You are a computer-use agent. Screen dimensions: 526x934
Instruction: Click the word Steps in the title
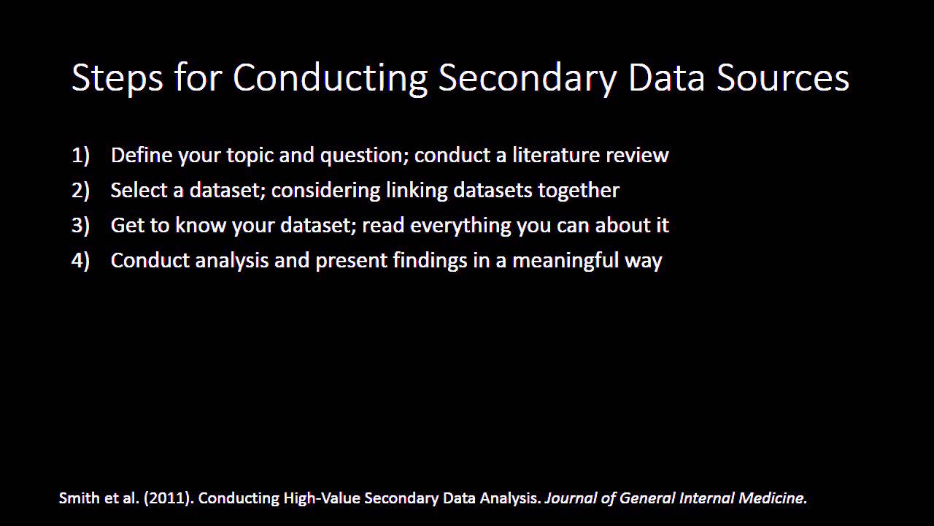(x=117, y=77)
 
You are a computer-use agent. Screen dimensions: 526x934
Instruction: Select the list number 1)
(x=80, y=155)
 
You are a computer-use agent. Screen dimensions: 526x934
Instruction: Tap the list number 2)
(x=80, y=190)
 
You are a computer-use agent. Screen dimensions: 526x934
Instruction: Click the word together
(x=579, y=190)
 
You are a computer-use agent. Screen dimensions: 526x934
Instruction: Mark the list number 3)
(x=80, y=225)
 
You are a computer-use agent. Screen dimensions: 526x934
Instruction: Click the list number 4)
(x=80, y=260)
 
